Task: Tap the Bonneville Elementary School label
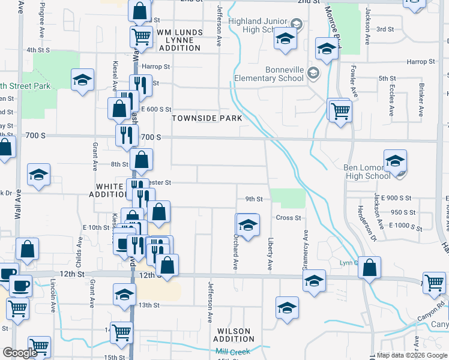(268, 74)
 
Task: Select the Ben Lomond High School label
(367, 172)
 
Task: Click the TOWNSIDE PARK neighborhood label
(207, 118)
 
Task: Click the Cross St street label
(288, 218)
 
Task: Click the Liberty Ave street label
(270, 253)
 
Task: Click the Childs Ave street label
(79, 253)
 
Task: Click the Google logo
(20, 353)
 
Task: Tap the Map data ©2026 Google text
(410, 355)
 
